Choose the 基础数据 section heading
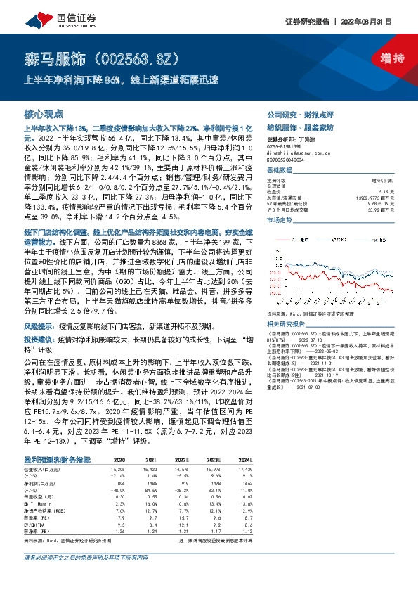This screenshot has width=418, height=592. point(279,171)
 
